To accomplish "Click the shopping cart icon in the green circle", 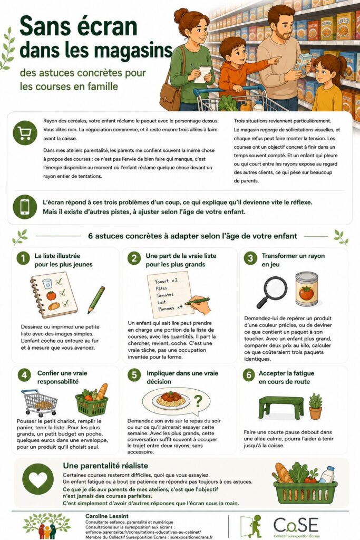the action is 25,133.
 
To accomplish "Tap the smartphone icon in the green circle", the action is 25,207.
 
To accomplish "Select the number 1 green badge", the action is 23,258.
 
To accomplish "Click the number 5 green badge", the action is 134,375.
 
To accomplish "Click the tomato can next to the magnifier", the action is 307,290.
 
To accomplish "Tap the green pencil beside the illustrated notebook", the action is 96,300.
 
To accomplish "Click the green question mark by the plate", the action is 198,401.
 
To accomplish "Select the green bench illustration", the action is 281,407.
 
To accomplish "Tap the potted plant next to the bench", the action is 315,407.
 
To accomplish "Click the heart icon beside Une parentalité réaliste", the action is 38,479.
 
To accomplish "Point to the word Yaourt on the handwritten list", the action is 161,282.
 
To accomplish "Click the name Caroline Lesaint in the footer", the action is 106,516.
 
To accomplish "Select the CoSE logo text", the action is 296,525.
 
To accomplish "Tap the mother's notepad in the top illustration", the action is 202,74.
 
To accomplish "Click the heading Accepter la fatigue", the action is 286,373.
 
